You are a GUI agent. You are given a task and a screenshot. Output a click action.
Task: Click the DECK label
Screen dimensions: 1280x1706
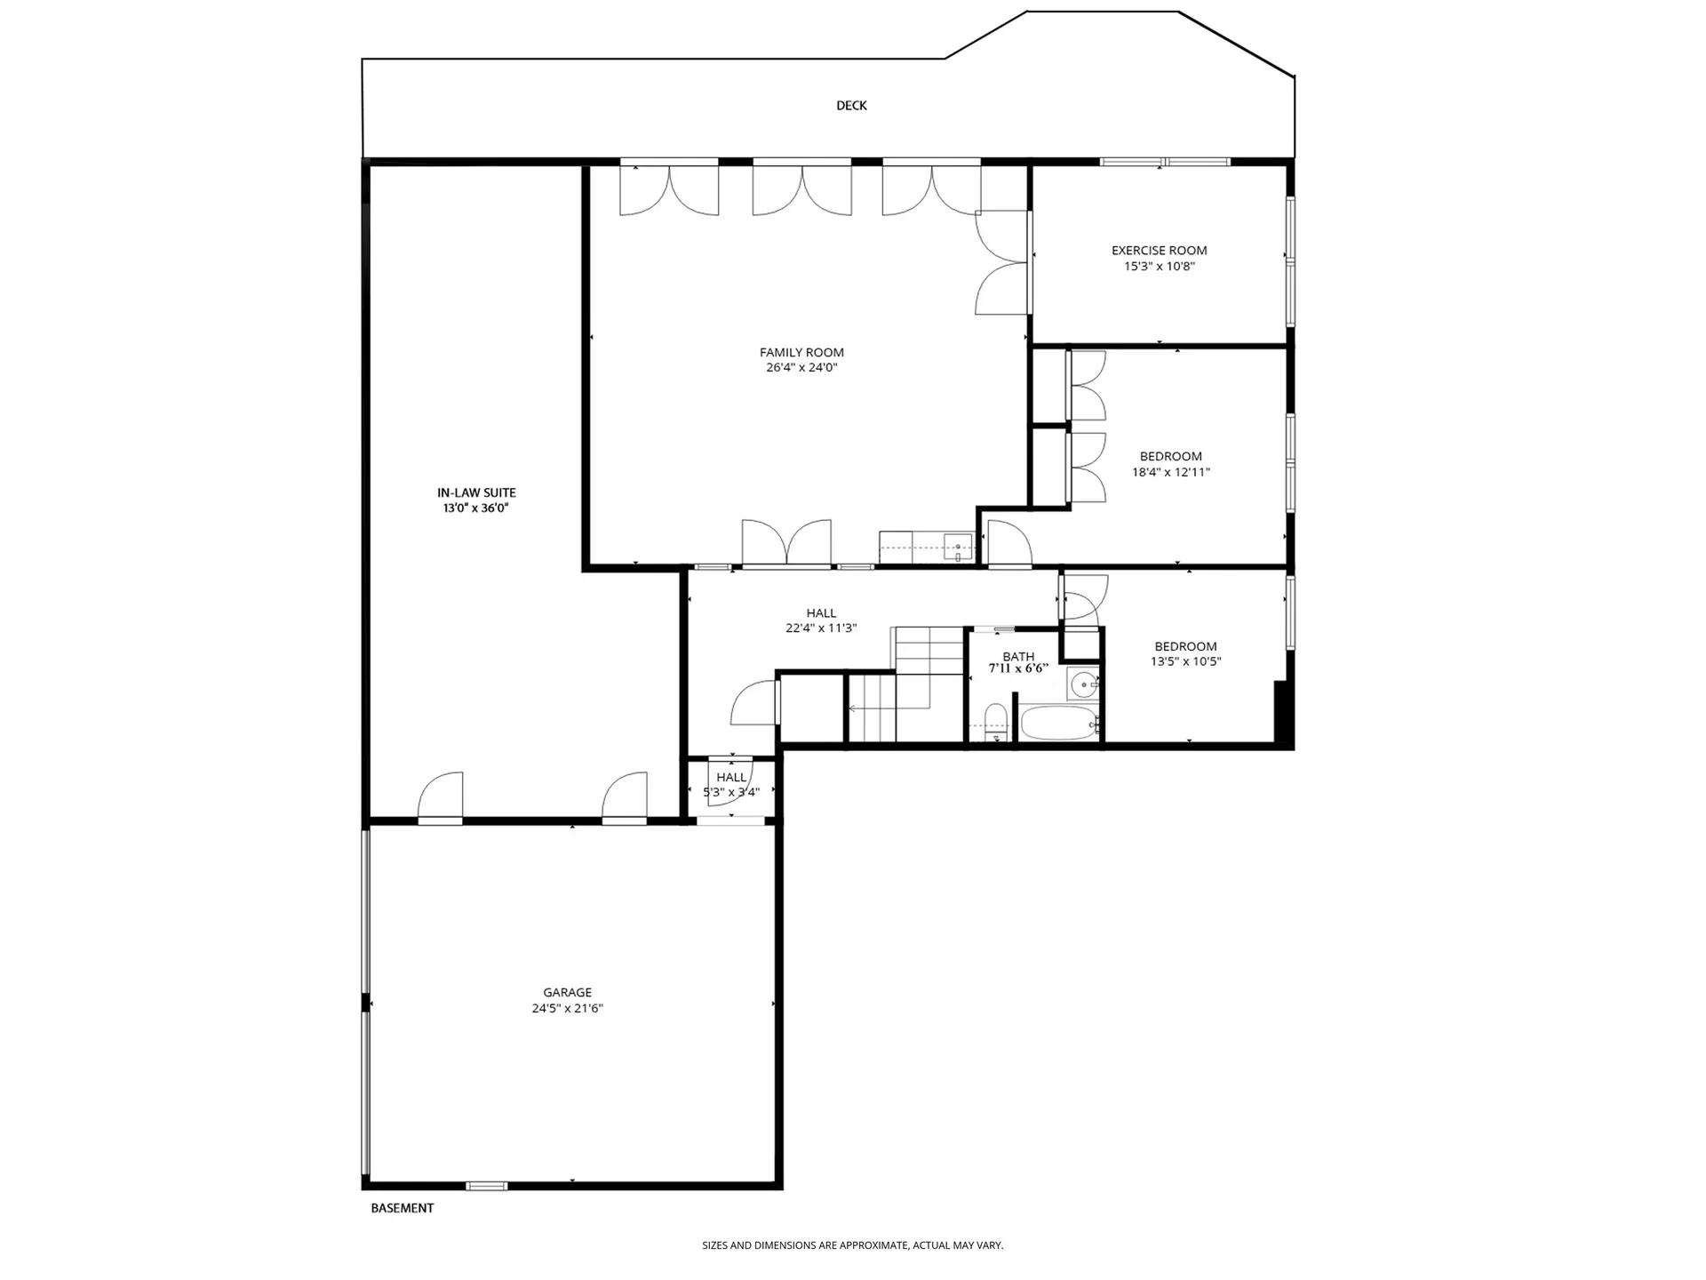(850, 106)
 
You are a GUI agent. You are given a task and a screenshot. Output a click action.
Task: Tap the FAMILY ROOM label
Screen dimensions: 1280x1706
(801, 353)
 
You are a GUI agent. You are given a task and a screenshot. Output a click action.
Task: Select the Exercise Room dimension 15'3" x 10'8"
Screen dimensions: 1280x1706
(1159, 266)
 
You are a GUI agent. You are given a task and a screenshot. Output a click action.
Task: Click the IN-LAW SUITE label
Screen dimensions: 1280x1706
(476, 492)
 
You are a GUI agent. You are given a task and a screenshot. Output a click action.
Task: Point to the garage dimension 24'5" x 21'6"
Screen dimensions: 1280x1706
(567, 1008)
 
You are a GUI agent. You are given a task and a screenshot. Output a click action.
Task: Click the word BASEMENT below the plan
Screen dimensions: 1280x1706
(402, 1208)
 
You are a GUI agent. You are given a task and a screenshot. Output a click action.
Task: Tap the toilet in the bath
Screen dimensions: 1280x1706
(996, 721)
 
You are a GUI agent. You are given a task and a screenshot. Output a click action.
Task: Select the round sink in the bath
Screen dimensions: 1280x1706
(1083, 684)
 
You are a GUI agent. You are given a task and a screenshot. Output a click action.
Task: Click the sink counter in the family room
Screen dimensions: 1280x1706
(926, 547)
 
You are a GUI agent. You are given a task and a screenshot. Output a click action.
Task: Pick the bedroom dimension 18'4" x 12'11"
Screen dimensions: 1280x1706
(1170, 472)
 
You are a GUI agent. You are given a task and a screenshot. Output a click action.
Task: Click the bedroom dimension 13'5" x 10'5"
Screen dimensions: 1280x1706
(1185, 661)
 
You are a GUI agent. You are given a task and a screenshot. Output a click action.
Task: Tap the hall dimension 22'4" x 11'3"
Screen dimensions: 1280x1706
(820, 628)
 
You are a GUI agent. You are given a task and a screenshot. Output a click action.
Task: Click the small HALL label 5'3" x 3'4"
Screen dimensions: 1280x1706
(730, 778)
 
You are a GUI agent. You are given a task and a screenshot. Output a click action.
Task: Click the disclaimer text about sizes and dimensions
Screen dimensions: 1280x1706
(852, 1245)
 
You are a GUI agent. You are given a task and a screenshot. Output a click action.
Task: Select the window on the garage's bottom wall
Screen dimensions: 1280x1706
(486, 1186)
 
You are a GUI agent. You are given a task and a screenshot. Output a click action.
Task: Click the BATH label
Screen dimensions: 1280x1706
(1018, 656)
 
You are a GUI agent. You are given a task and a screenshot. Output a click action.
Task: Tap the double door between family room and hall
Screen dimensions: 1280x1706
(787, 545)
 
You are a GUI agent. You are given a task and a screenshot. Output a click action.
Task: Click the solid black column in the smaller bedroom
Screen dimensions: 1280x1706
(1280, 711)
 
